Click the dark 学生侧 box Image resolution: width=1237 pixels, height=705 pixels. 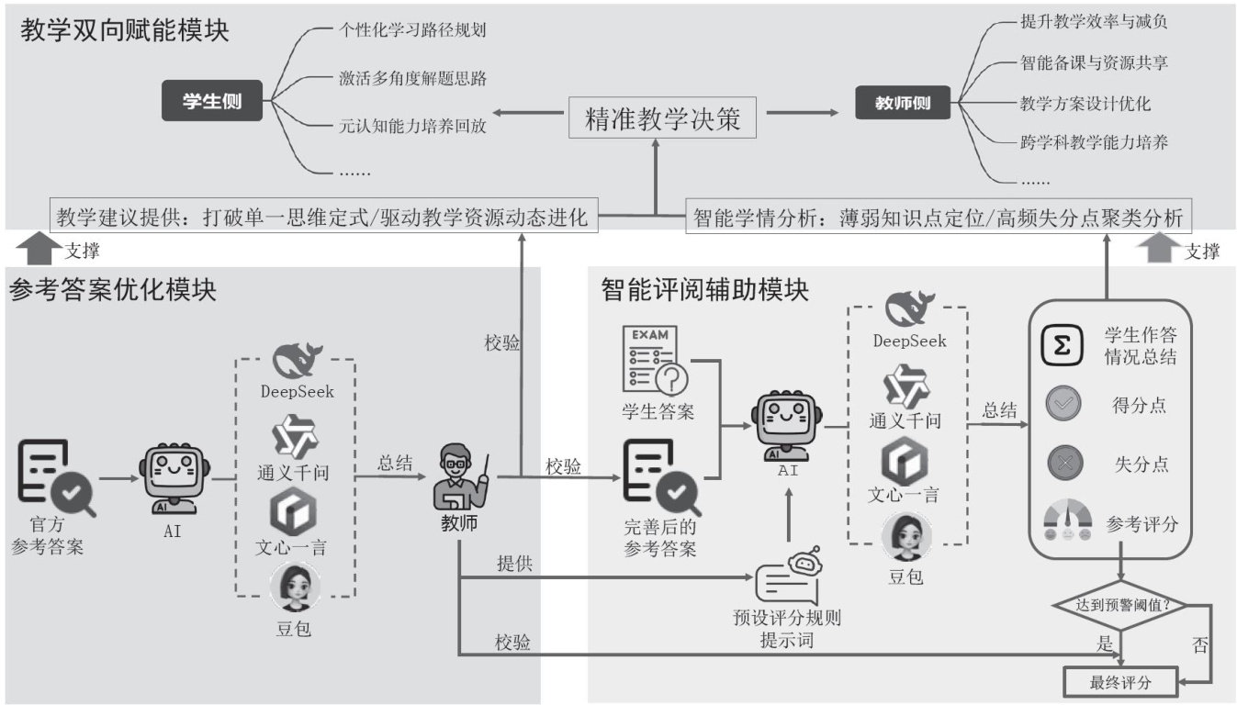(212, 102)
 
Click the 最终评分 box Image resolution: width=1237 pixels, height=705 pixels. (1119, 683)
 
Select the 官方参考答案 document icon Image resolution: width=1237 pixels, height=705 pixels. (54, 477)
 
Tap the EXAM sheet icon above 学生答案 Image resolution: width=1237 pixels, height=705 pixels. (656, 359)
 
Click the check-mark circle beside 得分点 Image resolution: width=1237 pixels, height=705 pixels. (1063, 405)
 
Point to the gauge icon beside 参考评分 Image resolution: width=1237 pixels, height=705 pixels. (1065, 523)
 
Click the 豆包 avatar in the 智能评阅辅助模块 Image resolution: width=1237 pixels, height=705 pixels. (906, 536)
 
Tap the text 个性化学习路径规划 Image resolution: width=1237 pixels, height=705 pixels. (411, 29)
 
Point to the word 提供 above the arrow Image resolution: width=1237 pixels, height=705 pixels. (513, 563)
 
